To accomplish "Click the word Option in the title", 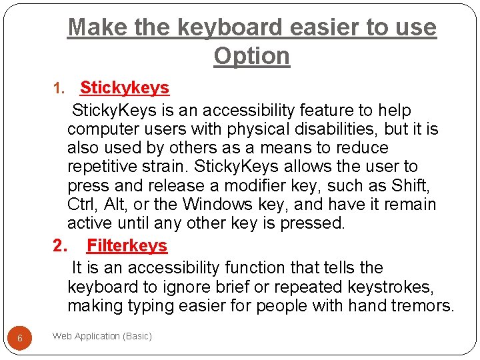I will (252, 56).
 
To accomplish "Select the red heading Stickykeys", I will (125, 87).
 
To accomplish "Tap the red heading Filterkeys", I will (127, 245).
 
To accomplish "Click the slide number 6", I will (20, 338).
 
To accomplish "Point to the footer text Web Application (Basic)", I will (102, 336).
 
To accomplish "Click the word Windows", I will (216, 204).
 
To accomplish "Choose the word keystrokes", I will (389, 287).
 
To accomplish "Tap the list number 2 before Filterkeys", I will (60, 245).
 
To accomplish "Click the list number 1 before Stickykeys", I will (57, 88).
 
